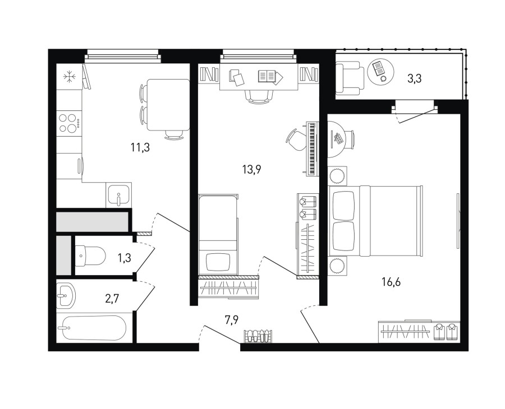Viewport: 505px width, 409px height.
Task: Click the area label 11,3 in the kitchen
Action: click(x=140, y=148)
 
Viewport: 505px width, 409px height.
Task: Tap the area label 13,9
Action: click(x=251, y=169)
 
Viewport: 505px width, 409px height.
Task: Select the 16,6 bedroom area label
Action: click(x=391, y=282)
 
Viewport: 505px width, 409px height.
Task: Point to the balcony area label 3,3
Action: click(x=415, y=78)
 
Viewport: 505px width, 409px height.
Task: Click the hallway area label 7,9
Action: click(x=232, y=320)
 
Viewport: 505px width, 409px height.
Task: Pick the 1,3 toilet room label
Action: click(x=125, y=258)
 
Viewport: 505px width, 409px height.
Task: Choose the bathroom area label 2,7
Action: click(x=112, y=299)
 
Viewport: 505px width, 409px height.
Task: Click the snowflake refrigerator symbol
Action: click(x=69, y=77)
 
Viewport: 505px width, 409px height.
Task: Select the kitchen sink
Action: click(x=118, y=195)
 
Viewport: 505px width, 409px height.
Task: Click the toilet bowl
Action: click(x=90, y=256)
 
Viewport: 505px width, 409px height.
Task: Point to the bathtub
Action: click(x=94, y=328)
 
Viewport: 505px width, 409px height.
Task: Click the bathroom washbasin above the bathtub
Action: click(x=66, y=296)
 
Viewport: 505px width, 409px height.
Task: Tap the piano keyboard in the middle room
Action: click(x=312, y=148)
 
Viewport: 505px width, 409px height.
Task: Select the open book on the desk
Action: click(x=270, y=77)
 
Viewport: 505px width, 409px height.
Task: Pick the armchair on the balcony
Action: click(x=350, y=78)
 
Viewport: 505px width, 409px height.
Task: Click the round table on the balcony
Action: click(x=380, y=71)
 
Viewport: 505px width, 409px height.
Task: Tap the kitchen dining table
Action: click(x=168, y=105)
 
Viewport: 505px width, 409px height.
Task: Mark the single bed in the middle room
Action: click(x=218, y=235)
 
